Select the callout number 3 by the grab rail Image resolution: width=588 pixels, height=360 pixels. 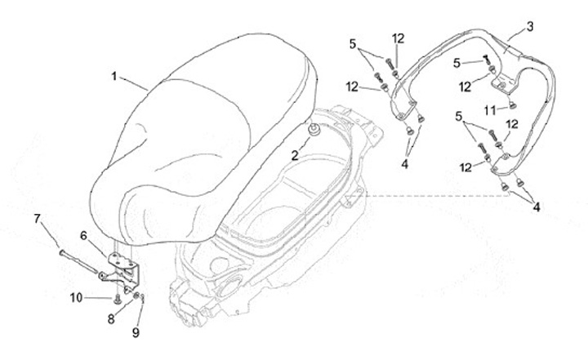coord(529,26)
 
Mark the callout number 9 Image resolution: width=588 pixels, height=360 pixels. coord(136,332)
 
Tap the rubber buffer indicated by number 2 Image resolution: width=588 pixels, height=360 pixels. coord(314,130)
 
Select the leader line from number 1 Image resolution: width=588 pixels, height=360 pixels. coord(132,82)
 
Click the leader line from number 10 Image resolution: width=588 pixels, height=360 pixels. coord(100,298)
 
